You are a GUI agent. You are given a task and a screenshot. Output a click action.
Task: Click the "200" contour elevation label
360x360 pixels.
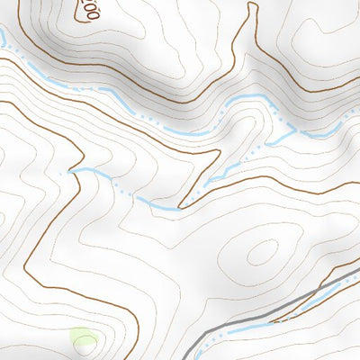click(x=88, y=11)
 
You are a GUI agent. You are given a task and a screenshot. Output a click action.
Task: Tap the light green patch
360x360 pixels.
click(x=84, y=340)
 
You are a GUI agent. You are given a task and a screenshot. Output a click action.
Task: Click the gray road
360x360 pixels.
click(x=270, y=306)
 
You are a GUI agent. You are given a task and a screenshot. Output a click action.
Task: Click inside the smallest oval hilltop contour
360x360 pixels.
click(x=262, y=253)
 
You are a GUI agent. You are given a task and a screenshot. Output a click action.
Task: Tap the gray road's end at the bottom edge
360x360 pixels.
click(x=194, y=357)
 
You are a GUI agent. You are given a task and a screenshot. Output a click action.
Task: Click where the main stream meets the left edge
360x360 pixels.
click(x=2, y=36)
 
